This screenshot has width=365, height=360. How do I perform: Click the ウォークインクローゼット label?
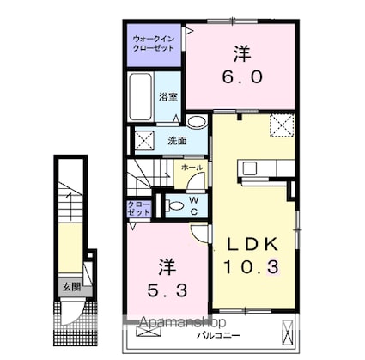pyautogui.click(x=154, y=44)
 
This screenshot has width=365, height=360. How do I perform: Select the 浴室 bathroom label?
pyautogui.click(x=167, y=98)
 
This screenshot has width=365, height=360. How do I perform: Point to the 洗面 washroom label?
pyautogui.click(x=177, y=140)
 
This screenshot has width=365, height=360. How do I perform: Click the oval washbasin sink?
pyautogui.click(x=198, y=122)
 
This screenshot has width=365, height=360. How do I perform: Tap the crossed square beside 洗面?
pyautogui.click(x=143, y=139)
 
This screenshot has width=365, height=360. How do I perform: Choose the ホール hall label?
pyautogui.click(x=192, y=168)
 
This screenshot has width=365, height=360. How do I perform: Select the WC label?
pyautogui.click(x=195, y=206)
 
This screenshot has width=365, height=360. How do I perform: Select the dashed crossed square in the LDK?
pyautogui.click(x=280, y=126)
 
